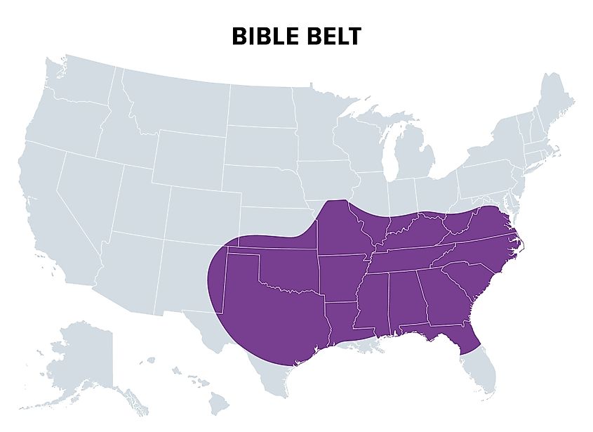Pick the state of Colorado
tap(200, 211)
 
